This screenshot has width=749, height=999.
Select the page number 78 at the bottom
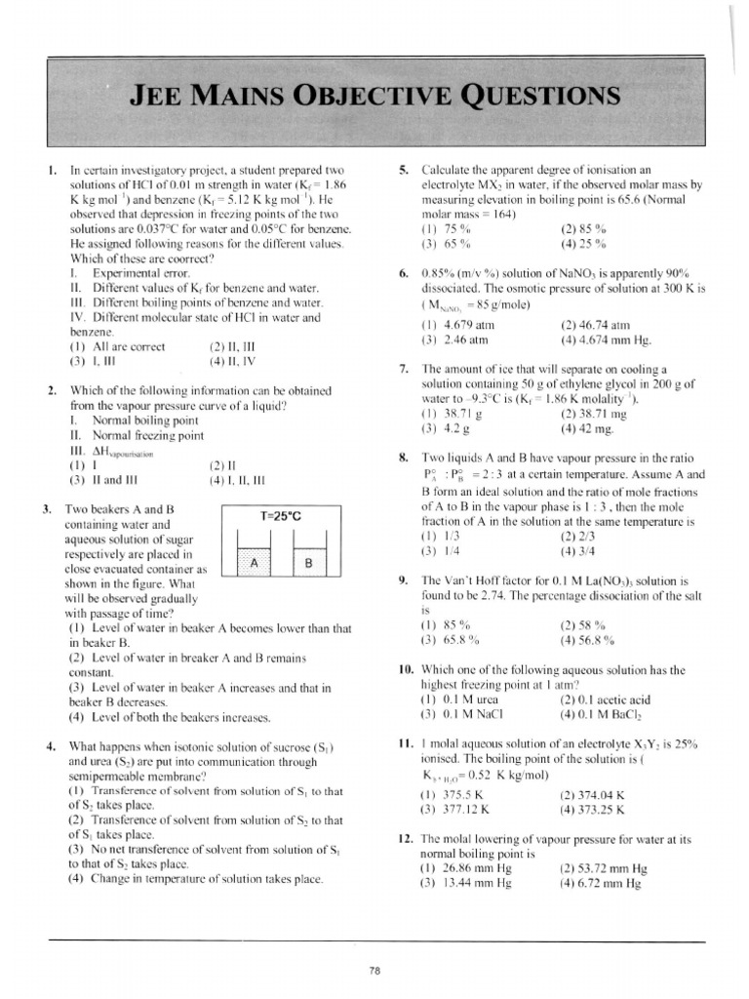click(x=374, y=970)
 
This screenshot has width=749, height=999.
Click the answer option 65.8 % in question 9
click(x=461, y=640)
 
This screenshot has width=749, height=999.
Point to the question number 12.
click(x=405, y=838)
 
